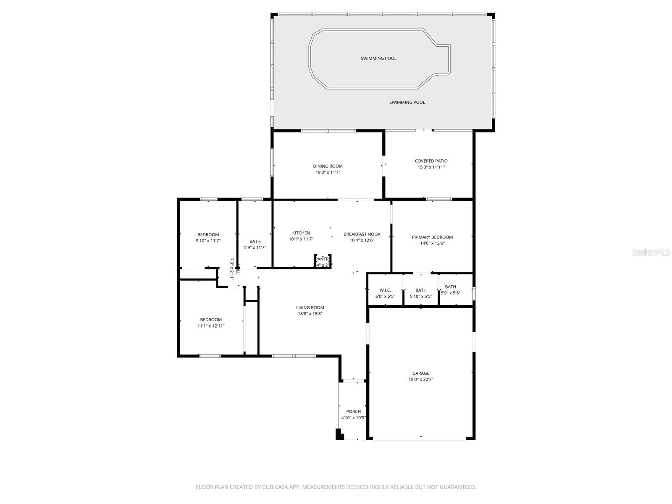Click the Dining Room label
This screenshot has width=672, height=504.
328,166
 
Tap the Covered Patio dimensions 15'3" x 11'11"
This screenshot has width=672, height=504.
431,167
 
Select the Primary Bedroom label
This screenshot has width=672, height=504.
432,237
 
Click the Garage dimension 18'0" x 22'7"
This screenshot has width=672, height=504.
420,379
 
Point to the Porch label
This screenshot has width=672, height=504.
353,412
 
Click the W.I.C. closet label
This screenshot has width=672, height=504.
385,290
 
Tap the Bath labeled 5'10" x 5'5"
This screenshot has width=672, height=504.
421,293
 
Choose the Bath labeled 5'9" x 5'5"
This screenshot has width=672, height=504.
450,290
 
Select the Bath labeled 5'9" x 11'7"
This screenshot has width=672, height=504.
255,244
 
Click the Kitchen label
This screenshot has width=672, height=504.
301,233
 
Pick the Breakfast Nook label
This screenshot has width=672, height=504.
362,234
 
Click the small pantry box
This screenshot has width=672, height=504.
323,261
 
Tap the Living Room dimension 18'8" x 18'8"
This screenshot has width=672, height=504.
310,314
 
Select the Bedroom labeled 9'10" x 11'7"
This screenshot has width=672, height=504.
208,238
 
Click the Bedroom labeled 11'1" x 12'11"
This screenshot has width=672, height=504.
211,323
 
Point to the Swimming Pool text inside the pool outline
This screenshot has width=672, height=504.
378,58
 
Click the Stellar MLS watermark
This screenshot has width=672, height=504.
651,252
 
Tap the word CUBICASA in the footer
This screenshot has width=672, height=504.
273,487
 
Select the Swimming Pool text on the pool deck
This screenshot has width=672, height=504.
407,102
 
